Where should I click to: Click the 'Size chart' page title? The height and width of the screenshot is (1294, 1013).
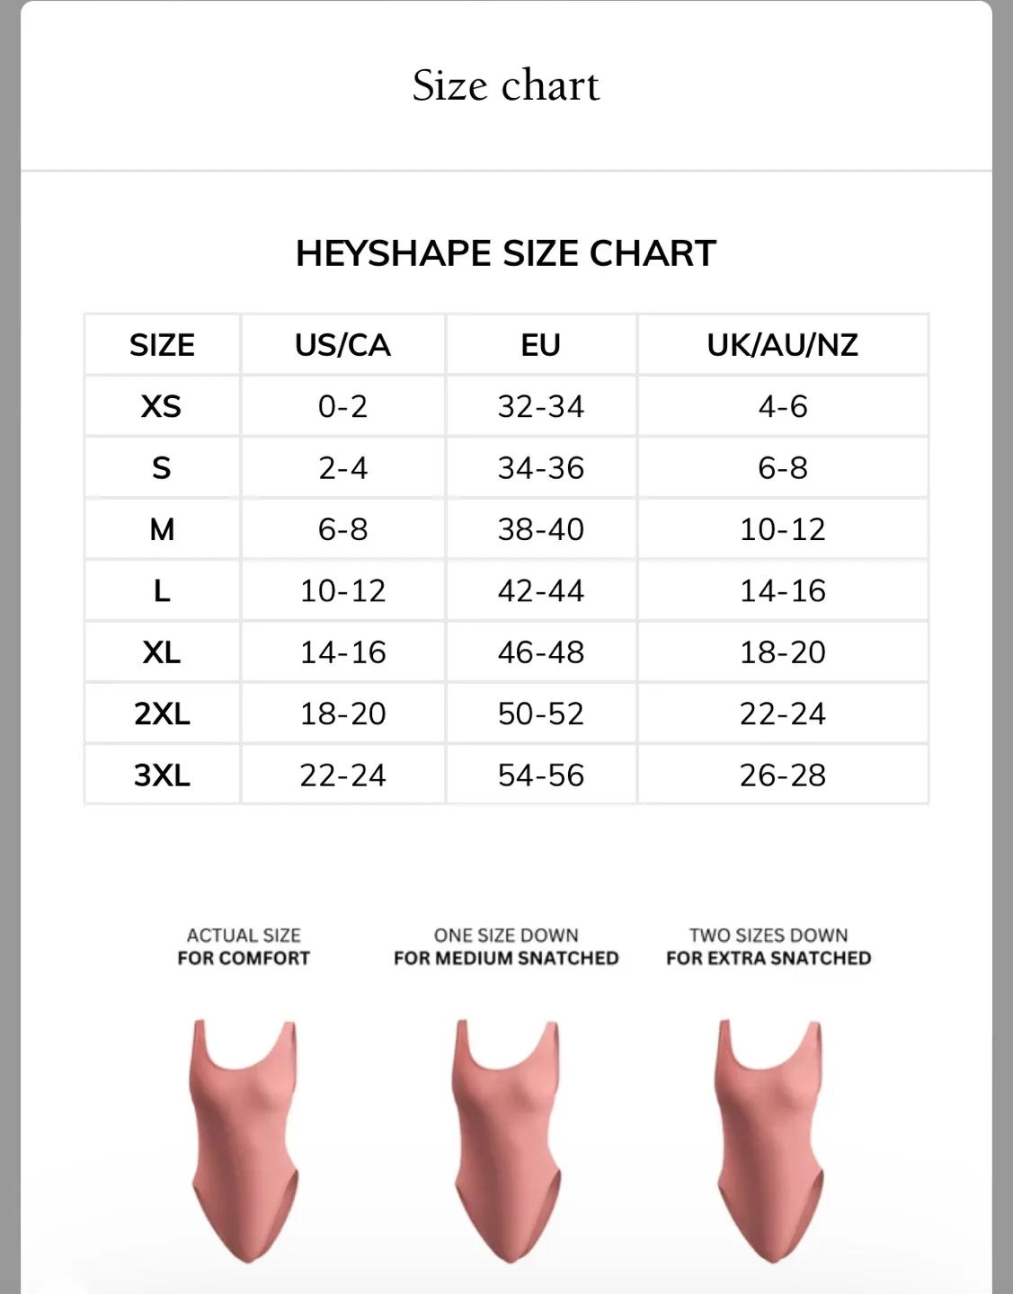click(x=506, y=86)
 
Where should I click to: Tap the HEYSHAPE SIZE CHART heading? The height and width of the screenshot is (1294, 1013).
click(x=506, y=253)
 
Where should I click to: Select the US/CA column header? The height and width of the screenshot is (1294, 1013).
click(x=342, y=345)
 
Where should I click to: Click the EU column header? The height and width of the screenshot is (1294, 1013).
click(x=540, y=345)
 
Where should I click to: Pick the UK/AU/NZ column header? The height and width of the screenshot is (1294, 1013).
click(x=782, y=345)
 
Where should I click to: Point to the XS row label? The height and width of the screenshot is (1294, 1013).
click(x=162, y=406)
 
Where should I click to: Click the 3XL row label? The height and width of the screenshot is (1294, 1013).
click(x=162, y=775)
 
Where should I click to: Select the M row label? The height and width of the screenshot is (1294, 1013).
click(x=162, y=529)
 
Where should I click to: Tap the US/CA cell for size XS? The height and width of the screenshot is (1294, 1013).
click(x=342, y=406)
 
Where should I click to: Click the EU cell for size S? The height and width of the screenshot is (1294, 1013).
click(x=540, y=468)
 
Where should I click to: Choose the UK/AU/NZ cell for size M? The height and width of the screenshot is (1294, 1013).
click(x=782, y=529)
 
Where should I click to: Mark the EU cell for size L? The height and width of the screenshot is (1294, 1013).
click(x=540, y=590)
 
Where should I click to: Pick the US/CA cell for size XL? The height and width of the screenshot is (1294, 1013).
click(x=342, y=652)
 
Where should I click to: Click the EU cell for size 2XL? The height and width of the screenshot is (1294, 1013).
click(x=540, y=713)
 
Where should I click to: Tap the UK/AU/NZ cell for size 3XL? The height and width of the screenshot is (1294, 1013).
click(x=782, y=775)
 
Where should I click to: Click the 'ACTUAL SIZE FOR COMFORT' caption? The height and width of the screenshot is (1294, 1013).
click(x=244, y=947)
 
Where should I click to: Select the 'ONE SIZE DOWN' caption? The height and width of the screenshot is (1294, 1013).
click(x=506, y=936)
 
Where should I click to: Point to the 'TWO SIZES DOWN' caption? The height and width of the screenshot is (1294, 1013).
click(x=769, y=936)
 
